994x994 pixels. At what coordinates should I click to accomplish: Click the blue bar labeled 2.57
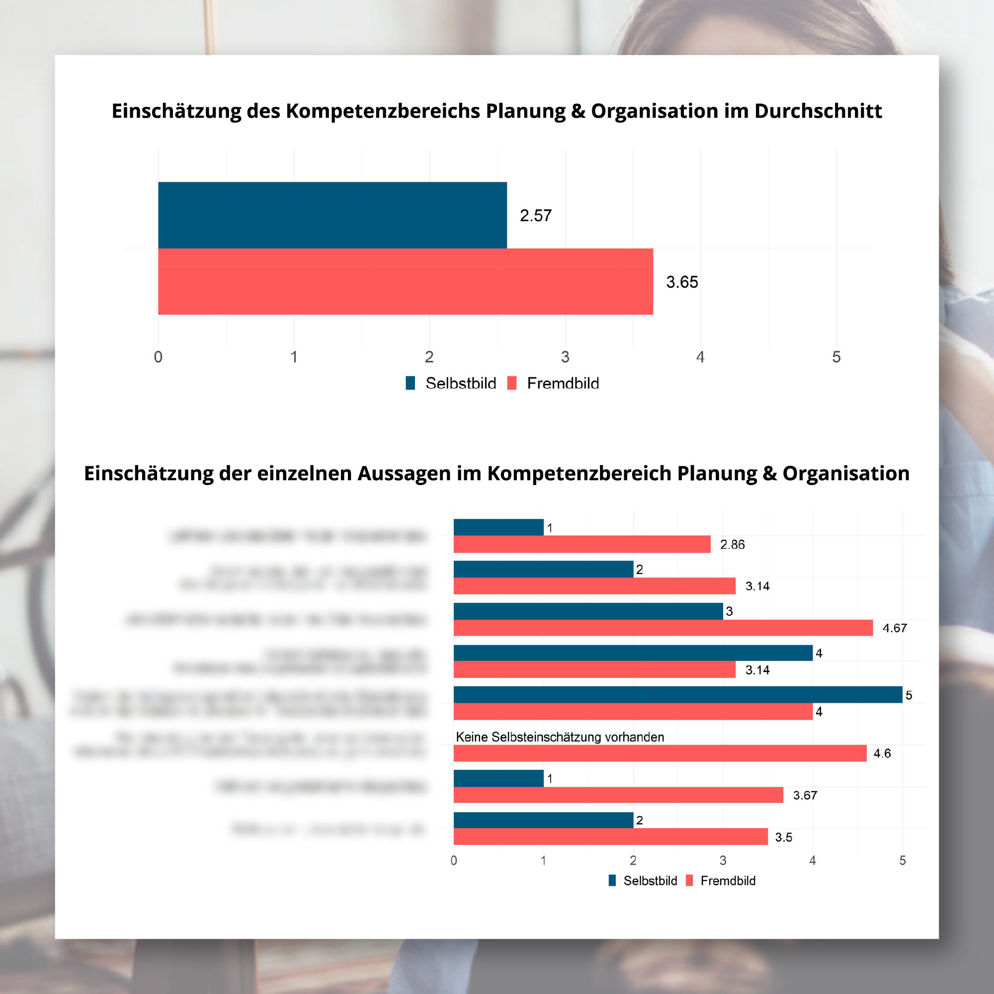coord(332,215)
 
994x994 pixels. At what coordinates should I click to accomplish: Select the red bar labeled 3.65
coord(406,281)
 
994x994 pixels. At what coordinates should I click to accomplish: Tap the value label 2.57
coord(536,216)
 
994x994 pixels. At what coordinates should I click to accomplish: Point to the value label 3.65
coord(682,282)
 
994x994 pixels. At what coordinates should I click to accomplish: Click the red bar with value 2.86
coord(582,544)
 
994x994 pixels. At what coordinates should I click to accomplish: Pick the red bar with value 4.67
coord(663,628)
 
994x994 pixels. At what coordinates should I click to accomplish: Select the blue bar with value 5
coord(677,695)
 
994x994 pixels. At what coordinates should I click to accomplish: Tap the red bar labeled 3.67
coord(618,795)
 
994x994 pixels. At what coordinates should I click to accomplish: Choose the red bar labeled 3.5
coord(610,836)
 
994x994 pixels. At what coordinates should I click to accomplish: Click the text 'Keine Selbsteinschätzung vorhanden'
coord(560,737)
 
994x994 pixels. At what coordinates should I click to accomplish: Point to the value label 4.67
coord(894,628)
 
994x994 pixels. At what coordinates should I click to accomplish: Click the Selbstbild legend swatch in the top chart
coord(410,383)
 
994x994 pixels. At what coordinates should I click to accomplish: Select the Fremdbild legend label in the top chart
coord(563,383)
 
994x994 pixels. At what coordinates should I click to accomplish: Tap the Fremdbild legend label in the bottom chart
coord(728,881)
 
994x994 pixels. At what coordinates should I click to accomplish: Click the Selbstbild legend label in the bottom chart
coord(650,881)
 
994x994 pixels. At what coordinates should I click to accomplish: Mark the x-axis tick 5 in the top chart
coord(836,357)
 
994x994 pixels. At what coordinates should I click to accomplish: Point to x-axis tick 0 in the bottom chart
coord(453,860)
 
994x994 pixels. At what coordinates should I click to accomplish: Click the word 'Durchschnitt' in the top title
coord(818,111)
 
